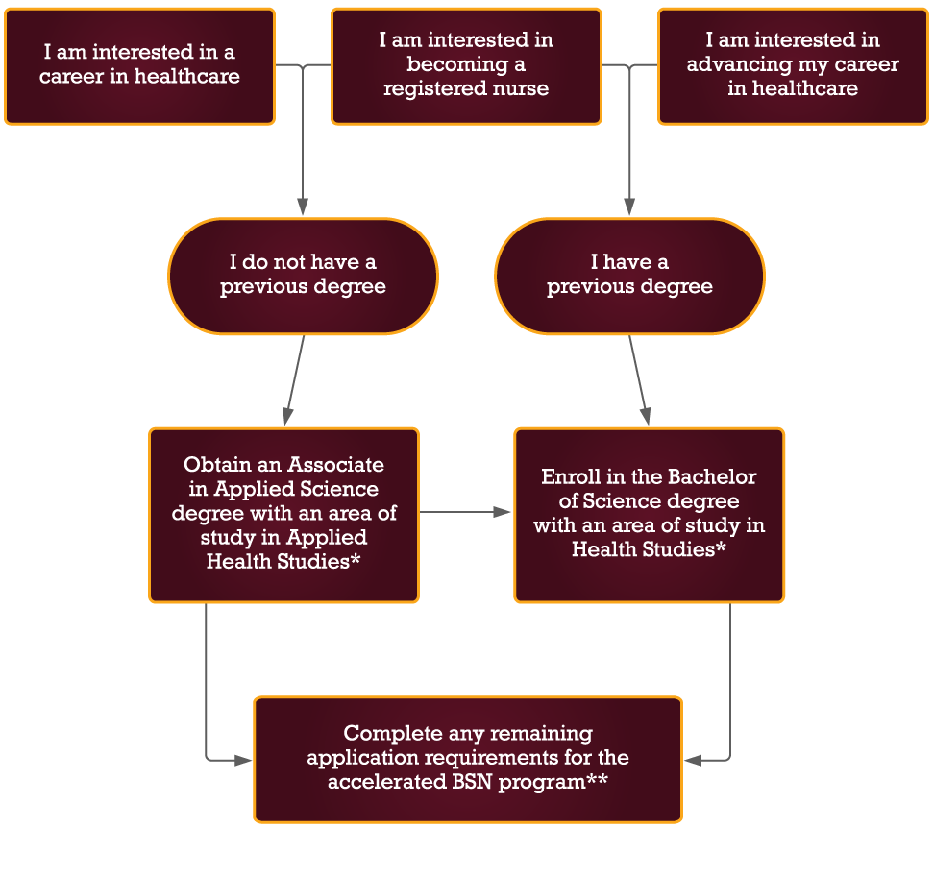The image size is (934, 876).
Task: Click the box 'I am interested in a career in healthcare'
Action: click(139, 65)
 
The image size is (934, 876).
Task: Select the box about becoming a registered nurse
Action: click(466, 65)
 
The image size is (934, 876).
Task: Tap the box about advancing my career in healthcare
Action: click(793, 65)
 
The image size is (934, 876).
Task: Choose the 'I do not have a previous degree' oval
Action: click(303, 276)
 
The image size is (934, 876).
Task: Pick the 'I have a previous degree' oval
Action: click(629, 276)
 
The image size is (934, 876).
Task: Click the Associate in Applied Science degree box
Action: click(283, 515)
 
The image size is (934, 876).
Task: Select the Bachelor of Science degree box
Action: click(649, 515)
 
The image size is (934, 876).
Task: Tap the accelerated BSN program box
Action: click(468, 759)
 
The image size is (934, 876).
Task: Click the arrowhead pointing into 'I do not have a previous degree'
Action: click(303, 207)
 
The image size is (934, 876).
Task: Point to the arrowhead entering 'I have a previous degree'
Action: click(629, 207)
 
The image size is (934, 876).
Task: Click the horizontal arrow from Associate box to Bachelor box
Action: click(466, 512)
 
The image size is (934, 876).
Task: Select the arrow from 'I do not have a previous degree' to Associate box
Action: click(294, 380)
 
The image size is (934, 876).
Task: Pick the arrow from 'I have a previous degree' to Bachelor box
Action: click(639, 380)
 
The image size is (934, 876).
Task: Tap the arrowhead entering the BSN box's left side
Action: click(244, 760)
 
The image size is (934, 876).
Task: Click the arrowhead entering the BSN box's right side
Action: click(693, 760)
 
